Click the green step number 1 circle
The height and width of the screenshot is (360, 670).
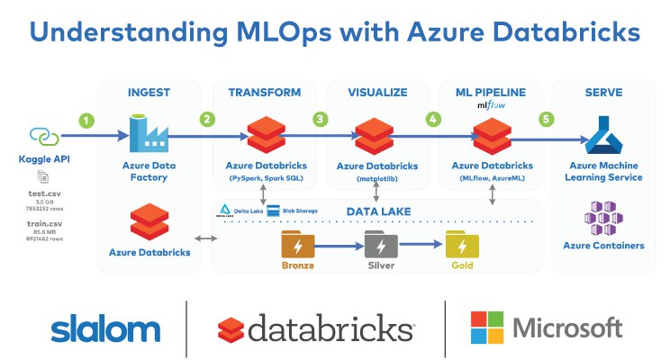click(x=86, y=119)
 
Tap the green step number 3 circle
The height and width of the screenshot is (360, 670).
click(x=319, y=118)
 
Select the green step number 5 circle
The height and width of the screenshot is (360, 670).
click(x=544, y=118)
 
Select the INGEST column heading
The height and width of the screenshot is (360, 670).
click(x=149, y=92)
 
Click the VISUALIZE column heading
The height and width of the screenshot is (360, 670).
click(x=377, y=92)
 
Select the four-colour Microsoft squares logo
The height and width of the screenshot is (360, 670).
click(x=487, y=328)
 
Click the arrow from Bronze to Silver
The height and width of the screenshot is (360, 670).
click(x=338, y=244)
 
